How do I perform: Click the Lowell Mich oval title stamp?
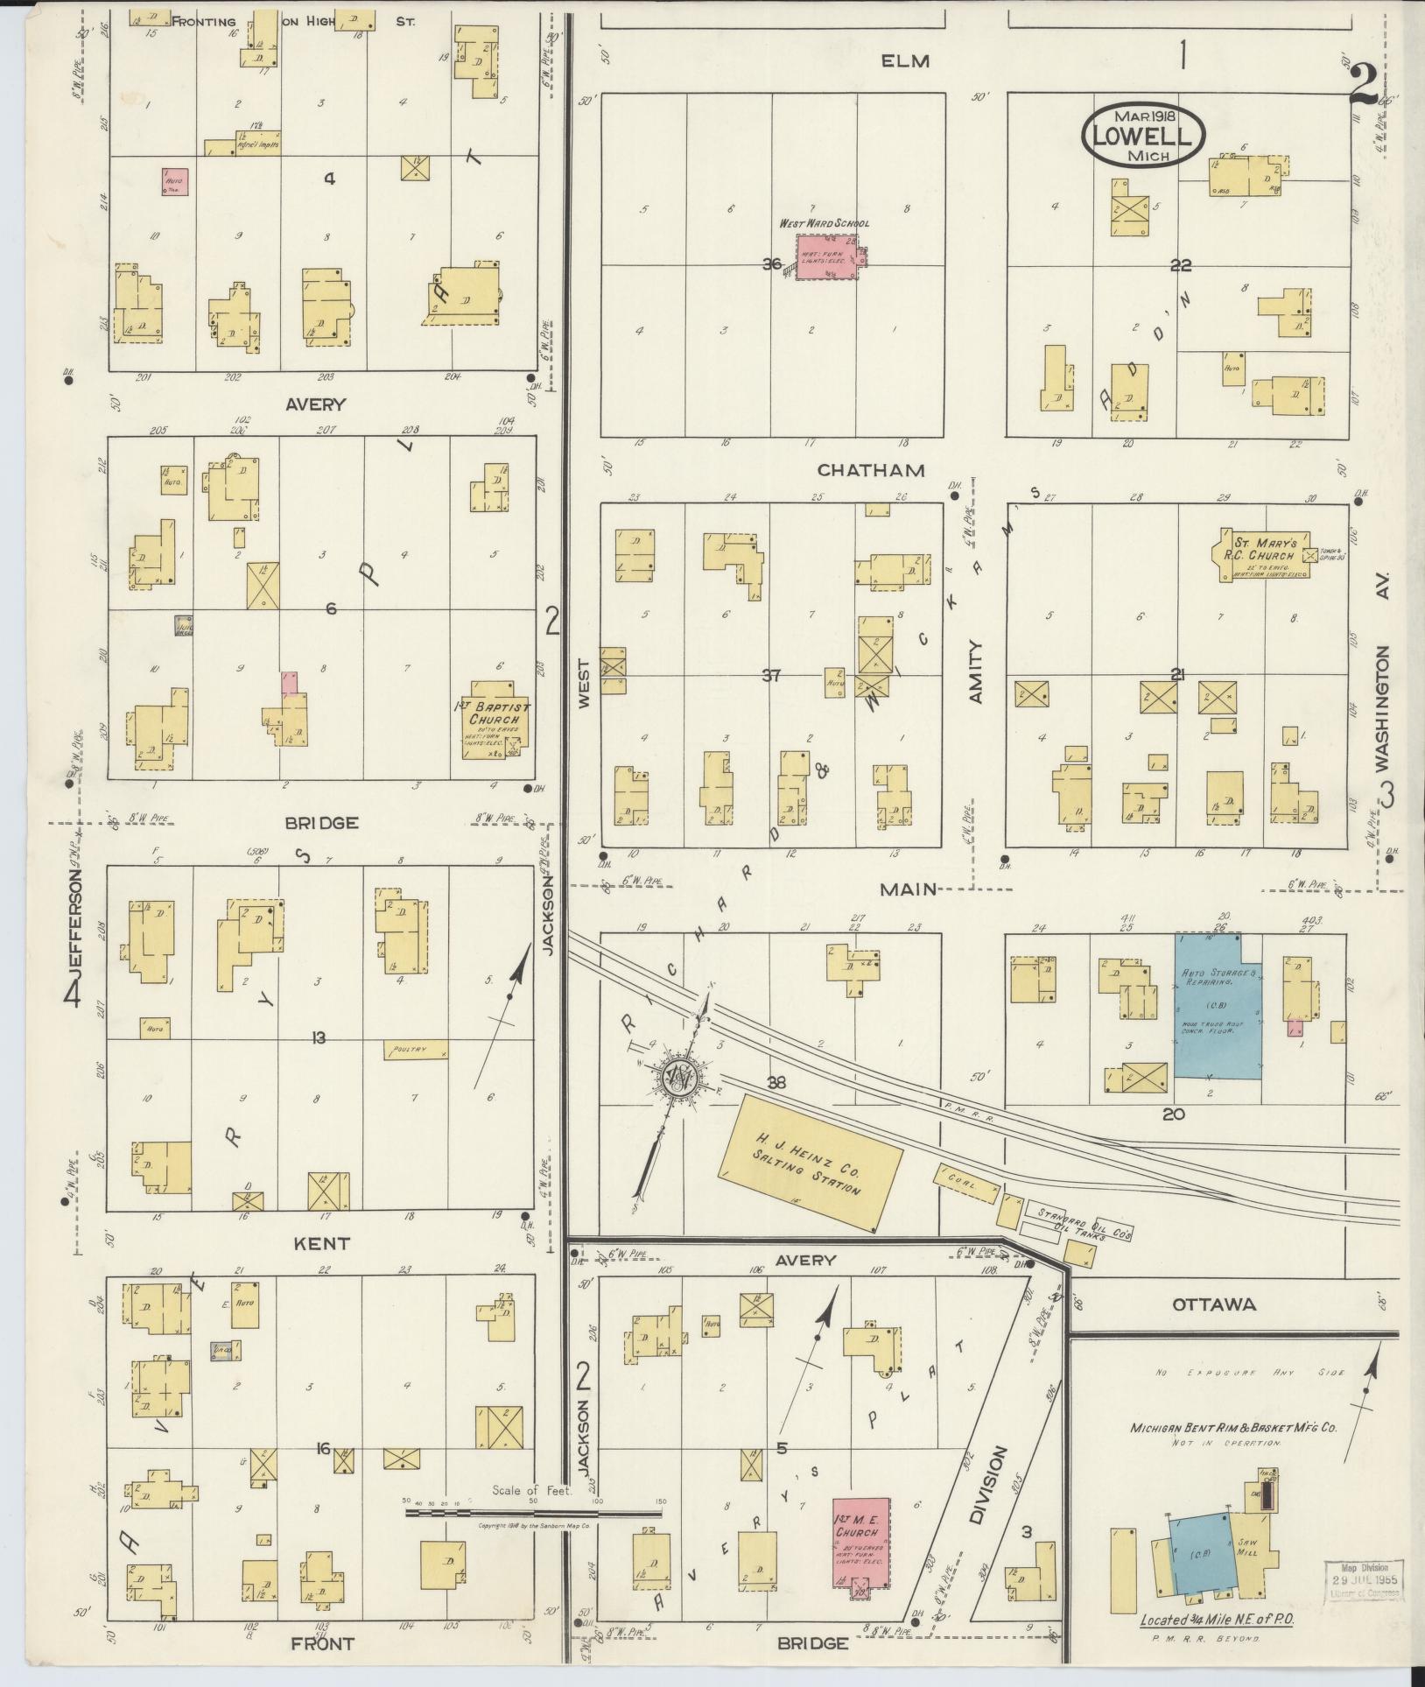1143,136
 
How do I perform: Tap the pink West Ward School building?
827,257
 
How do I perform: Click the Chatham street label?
870,471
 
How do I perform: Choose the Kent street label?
322,1243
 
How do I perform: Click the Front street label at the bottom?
324,1644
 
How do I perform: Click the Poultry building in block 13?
416,1050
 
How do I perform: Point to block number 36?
771,264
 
